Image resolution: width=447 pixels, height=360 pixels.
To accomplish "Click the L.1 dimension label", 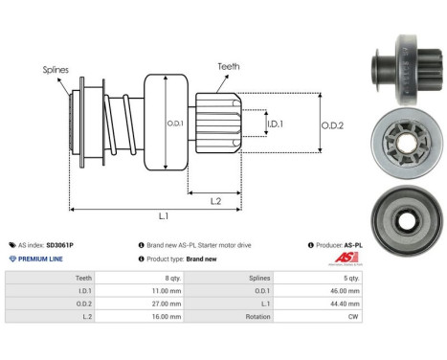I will (164, 216).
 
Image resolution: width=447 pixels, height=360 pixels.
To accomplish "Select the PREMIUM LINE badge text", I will (41, 259).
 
